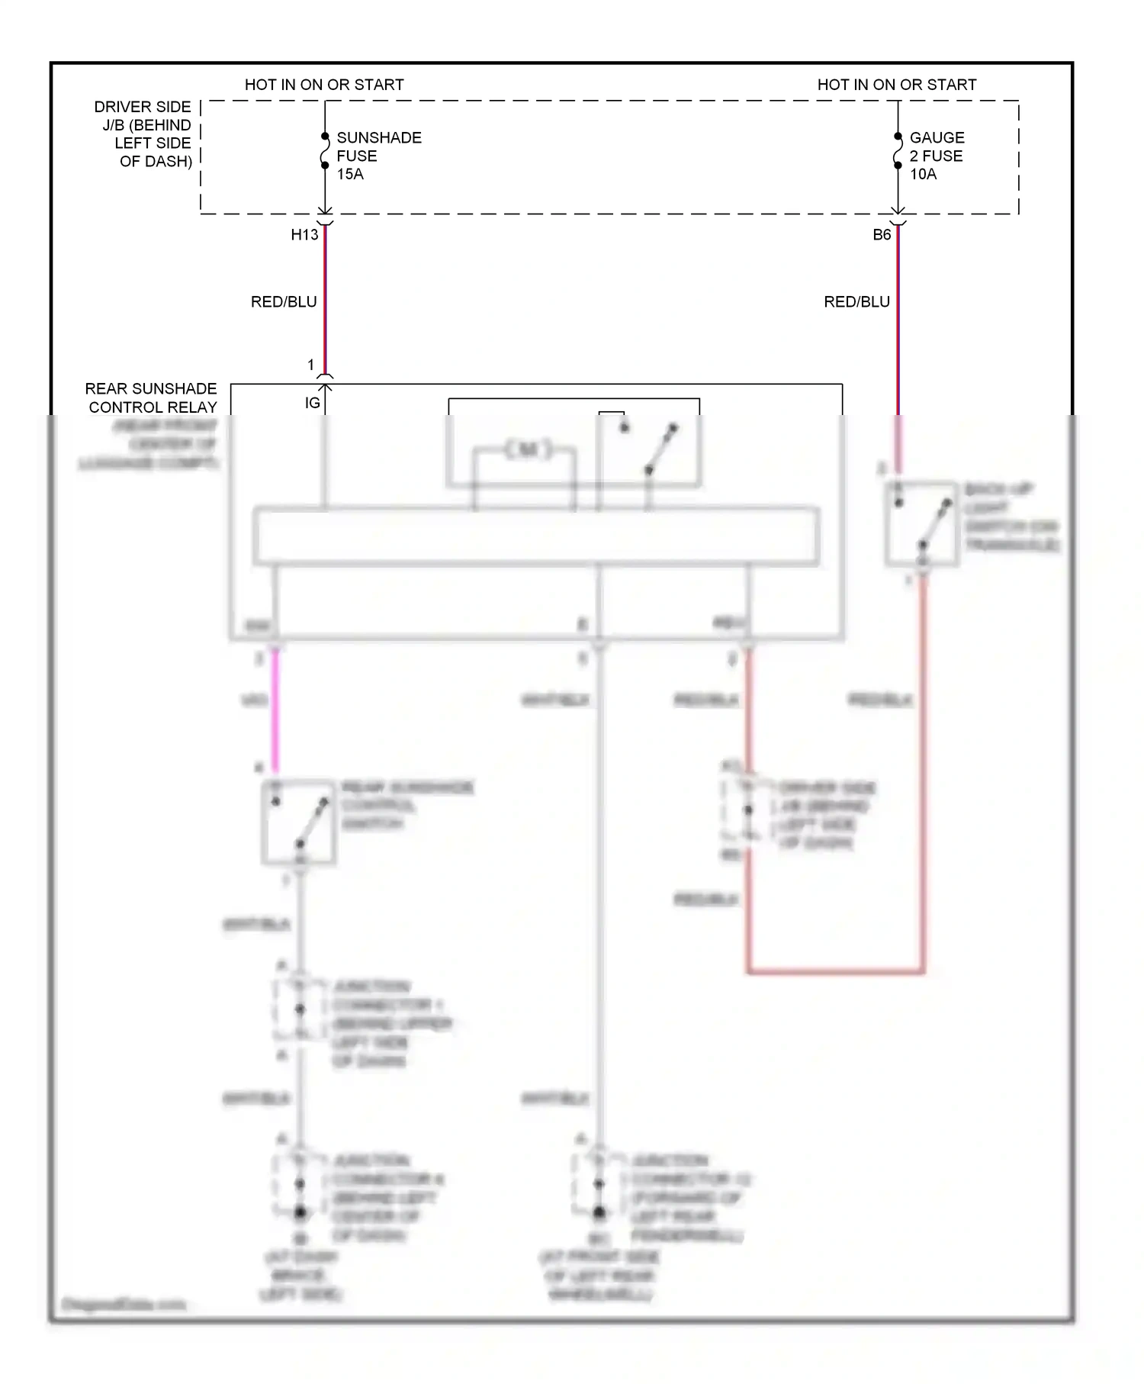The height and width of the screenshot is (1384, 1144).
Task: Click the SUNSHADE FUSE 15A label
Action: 378,156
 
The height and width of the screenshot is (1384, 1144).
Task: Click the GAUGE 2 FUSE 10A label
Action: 936,156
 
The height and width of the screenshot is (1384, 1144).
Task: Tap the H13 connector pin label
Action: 304,235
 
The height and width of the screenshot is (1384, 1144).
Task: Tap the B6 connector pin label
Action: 882,235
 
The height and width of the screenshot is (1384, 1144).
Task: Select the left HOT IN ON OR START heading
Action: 324,85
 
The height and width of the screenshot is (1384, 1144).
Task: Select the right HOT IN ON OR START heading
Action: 897,85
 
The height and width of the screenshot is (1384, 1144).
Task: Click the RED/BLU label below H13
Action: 284,302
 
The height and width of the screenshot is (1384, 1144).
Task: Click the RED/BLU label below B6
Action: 856,302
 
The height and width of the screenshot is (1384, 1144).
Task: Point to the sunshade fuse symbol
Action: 325,150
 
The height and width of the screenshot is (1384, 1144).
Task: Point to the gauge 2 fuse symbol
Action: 898,150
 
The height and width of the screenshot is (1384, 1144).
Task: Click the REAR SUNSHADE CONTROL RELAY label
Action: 152,397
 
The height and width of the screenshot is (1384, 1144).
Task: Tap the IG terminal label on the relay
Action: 312,403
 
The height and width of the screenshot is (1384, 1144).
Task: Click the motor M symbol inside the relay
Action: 528,449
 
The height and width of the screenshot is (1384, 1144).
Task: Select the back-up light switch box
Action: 921,523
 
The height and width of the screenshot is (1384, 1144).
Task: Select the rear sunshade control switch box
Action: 298,822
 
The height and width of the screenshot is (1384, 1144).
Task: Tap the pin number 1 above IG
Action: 310,365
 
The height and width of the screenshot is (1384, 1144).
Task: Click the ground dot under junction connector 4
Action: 300,1212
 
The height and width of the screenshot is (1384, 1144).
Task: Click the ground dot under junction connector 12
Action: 599,1212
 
